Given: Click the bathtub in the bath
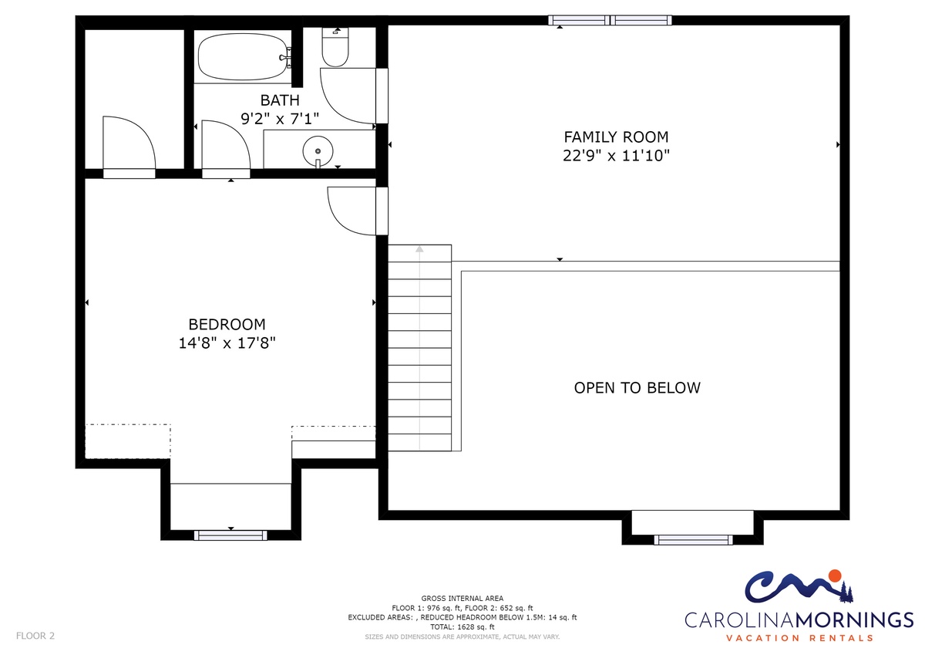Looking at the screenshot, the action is (243, 56).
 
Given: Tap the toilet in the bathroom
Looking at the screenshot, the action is (335, 47).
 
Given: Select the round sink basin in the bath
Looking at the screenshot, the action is (318, 151).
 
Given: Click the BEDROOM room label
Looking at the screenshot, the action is (227, 324).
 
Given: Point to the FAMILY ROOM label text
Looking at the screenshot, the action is (616, 137).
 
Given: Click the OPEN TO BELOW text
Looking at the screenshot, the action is (637, 387).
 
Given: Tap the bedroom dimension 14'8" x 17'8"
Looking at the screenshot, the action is (227, 343).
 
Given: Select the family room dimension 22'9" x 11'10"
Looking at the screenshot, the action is (616, 156).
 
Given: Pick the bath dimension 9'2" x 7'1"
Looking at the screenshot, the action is (280, 119).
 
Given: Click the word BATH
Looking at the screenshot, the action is (280, 100).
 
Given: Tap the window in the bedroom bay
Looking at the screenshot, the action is (230, 535).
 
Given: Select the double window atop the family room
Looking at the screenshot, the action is (610, 20).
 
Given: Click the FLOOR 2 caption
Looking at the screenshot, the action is (35, 636).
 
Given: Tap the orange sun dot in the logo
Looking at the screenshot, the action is (835, 576).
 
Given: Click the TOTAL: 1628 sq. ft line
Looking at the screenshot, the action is (462, 627).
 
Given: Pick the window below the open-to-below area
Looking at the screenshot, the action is (693, 540).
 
